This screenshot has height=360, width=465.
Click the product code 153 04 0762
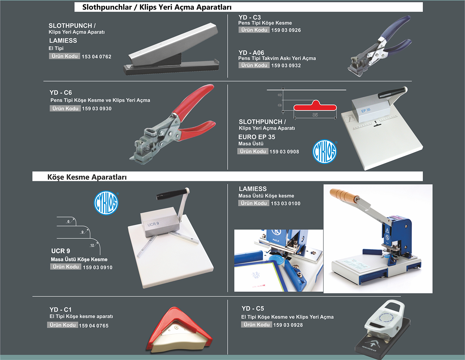tap(97, 57)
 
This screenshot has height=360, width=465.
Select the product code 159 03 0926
tap(286, 30)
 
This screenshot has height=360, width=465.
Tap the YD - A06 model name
tap(251, 52)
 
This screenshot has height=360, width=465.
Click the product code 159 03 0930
tap(97, 108)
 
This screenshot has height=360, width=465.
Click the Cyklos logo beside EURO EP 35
tap(325, 152)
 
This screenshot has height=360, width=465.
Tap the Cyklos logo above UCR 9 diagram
tap(106, 203)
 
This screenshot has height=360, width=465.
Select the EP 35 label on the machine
tap(366, 110)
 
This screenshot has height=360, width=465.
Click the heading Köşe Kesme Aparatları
tap(87, 177)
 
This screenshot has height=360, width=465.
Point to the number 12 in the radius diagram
tap(92, 245)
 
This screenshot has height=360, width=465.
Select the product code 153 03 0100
tap(286, 203)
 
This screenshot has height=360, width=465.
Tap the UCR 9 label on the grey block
tap(153, 224)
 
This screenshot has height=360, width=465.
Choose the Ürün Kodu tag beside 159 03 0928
tap(256, 324)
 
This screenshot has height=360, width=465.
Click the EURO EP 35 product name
tap(257, 137)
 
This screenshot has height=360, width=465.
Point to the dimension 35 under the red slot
tap(315, 115)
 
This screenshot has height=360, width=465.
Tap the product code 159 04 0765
tap(94, 326)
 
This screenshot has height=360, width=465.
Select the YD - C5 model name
tap(253, 309)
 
